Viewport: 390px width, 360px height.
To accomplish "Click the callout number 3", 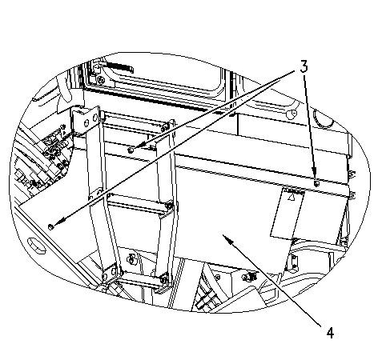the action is tap(304, 66).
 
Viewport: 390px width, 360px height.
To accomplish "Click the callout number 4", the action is tap(330, 333).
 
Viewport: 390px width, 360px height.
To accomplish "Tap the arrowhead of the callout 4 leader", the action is tap(227, 238).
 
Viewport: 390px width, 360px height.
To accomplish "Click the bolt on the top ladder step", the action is tap(131, 150).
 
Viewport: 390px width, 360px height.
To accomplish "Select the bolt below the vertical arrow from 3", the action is tap(316, 184).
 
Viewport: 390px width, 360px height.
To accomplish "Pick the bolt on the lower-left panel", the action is tap(50, 227).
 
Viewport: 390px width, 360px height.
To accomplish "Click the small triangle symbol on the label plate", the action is tap(292, 198).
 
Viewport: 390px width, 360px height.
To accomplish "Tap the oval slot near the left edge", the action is tap(36, 245).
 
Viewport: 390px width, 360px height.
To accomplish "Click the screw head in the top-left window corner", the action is tap(101, 80).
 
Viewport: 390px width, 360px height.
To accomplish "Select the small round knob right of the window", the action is tap(291, 114).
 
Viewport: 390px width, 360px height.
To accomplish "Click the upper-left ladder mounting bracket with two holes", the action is tap(86, 120).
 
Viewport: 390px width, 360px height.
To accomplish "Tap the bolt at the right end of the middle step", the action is tap(169, 206).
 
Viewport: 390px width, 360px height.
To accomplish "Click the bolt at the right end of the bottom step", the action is tap(163, 280).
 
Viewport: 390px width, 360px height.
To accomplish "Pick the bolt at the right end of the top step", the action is tap(166, 126).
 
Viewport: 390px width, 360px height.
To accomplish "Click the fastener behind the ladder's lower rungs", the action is tap(131, 258).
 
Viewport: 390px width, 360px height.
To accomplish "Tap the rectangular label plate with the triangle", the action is tap(287, 213).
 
